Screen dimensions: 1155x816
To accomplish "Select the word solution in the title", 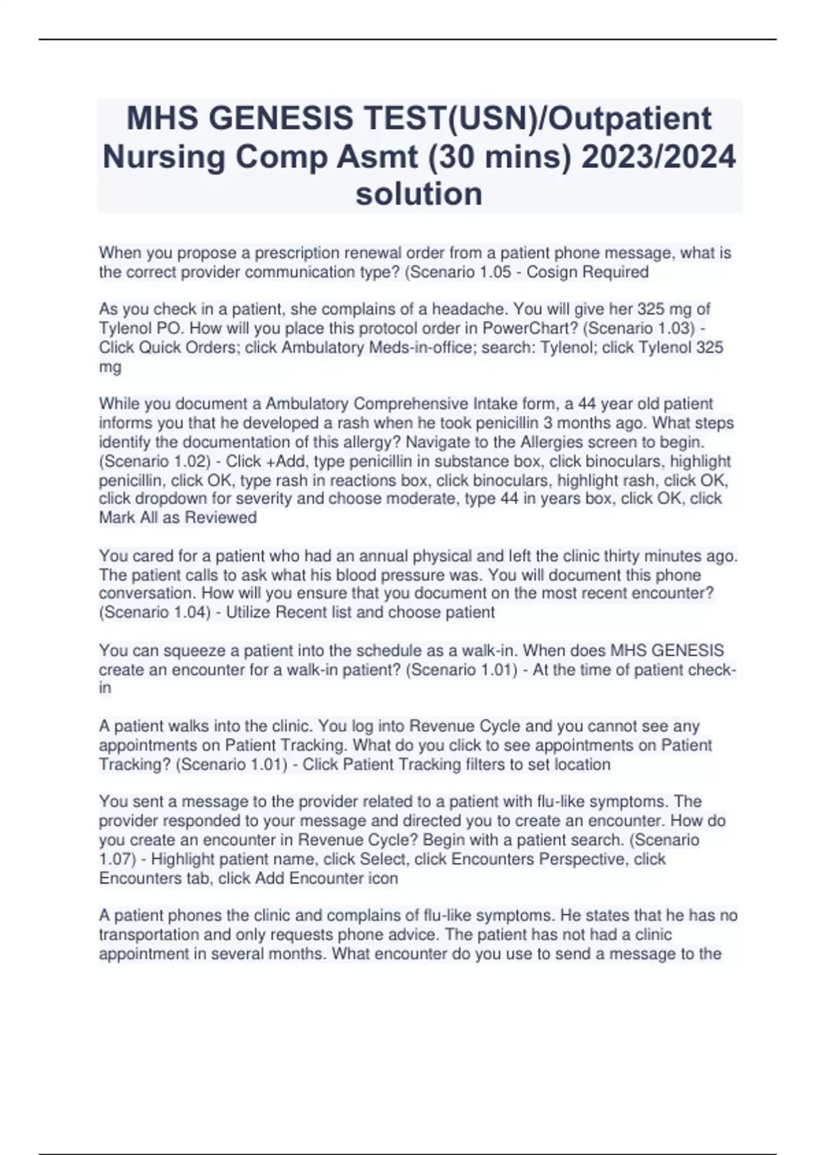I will pos(419,194).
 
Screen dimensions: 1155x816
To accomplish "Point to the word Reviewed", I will pos(221,518).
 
